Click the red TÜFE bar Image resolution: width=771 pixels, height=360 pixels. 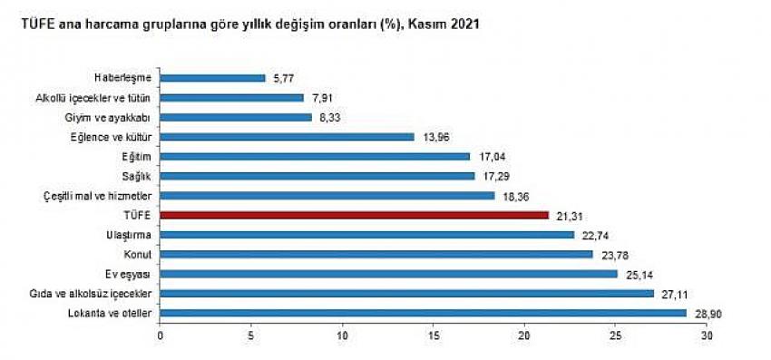click(x=355, y=215)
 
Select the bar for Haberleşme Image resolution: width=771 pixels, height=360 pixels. click(x=213, y=78)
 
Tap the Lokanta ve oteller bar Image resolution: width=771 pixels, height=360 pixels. click(x=424, y=313)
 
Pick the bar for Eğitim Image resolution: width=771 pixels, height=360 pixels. click(x=315, y=156)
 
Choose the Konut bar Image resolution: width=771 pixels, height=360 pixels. click(x=376, y=254)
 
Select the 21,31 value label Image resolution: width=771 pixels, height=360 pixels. click(x=570, y=215)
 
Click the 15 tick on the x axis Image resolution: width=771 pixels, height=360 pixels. click(x=434, y=336)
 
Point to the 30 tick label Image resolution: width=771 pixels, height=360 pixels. click(x=707, y=336)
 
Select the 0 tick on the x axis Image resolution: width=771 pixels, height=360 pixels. click(x=161, y=336)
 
